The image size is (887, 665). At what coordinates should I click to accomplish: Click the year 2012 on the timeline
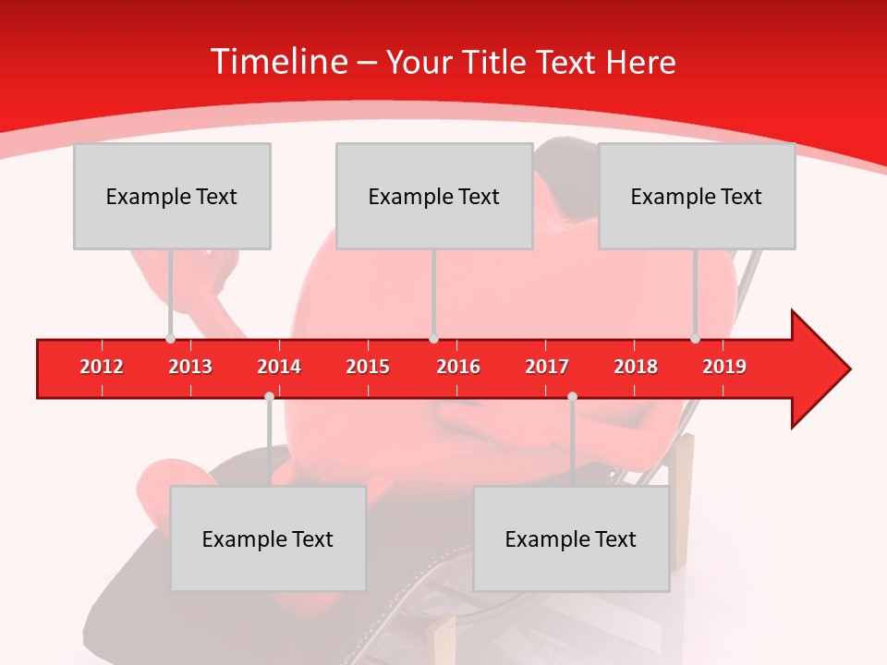tap(102, 367)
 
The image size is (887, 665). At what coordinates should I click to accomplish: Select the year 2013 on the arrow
tap(190, 367)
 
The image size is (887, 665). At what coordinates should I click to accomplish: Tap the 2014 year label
tap(279, 367)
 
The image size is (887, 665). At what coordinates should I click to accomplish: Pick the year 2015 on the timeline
tap(368, 367)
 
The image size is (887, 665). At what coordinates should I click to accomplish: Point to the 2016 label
tap(458, 367)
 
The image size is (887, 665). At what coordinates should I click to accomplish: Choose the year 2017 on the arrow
tap(547, 367)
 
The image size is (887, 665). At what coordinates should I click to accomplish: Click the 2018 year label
tap(636, 367)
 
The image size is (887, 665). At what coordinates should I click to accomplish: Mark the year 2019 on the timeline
tap(724, 367)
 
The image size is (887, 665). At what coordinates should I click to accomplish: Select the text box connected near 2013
tap(172, 196)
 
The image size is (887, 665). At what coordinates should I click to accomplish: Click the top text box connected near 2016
tap(434, 196)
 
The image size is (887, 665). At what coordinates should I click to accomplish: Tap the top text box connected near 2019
tap(697, 196)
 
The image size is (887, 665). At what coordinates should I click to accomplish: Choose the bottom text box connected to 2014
tap(268, 538)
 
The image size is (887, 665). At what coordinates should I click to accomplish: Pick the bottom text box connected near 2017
tap(571, 538)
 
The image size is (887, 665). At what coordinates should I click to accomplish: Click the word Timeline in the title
tap(277, 62)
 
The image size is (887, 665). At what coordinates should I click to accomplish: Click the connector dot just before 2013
tap(170, 339)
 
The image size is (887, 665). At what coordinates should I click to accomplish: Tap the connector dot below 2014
tap(269, 396)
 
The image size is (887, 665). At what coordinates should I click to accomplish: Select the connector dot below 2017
tap(572, 396)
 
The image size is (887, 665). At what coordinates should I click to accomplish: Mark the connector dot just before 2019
tap(695, 339)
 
